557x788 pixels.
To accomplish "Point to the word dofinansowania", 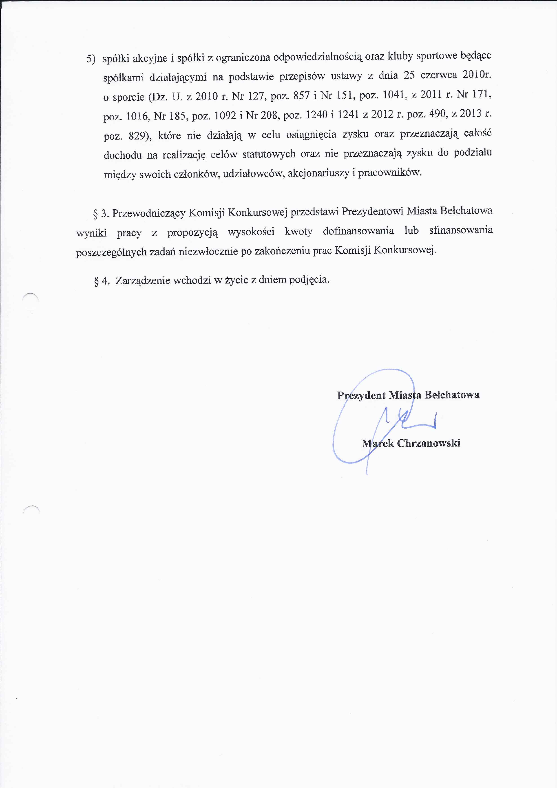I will tap(358, 231).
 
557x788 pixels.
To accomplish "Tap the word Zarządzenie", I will tap(143, 281).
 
